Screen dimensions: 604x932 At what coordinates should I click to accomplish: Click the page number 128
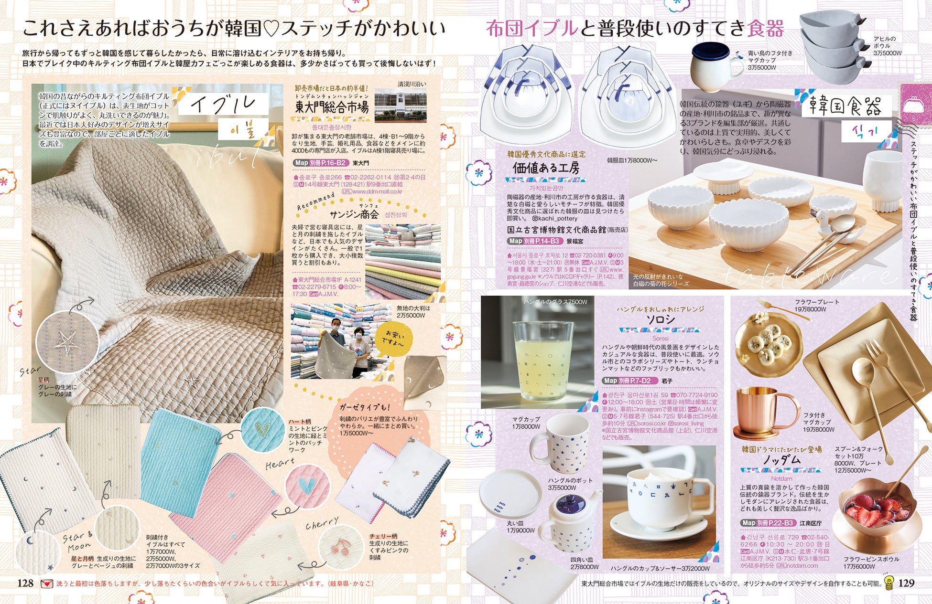pos(25,583)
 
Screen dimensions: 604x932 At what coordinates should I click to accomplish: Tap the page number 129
pos(906,583)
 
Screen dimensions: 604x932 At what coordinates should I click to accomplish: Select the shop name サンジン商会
pos(354,215)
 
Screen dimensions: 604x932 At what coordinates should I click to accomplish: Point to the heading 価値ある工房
pos(546,168)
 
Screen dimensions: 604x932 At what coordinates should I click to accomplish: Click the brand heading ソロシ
pos(661,320)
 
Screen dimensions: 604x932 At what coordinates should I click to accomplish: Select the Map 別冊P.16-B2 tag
pos(319,163)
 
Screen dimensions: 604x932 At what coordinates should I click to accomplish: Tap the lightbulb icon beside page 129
pos(889,583)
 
